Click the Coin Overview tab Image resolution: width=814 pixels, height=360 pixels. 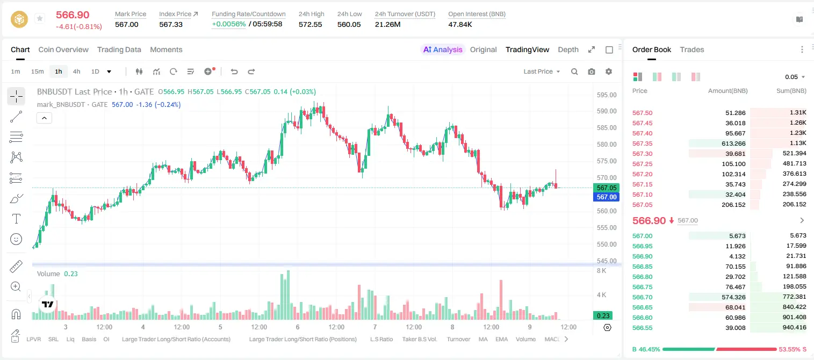(x=63, y=49)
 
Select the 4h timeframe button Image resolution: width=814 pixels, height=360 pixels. (x=76, y=71)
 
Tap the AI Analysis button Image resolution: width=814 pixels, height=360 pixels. (x=443, y=49)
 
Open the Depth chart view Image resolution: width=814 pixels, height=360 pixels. (x=568, y=49)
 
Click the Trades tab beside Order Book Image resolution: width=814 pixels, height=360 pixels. (x=692, y=49)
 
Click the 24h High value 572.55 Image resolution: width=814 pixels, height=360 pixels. (x=311, y=24)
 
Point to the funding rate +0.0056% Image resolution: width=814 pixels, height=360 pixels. (x=229, y=24)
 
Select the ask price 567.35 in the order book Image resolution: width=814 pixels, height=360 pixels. (x=642, y=143)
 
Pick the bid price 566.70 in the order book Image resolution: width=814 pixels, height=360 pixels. (x=642, y=297)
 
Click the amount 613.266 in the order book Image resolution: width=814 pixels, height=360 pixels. (x=733, y=143)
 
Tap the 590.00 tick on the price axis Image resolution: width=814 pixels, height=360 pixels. (x=607, y=111)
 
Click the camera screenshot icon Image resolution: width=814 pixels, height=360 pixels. (x=592, y=71)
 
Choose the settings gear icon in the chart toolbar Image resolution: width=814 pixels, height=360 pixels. (x=609, y=71)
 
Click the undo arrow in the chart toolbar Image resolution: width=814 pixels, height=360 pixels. (x=234, y=71)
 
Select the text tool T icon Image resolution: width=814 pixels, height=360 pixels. (x=16, y=219)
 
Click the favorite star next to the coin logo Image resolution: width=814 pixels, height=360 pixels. (x=40, y=18)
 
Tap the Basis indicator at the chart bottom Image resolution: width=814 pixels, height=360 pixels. (x=89, y=339)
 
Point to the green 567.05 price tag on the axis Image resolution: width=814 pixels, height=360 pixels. (x=606, y=188)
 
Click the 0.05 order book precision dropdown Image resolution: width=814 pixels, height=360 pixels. (x=795, y=77)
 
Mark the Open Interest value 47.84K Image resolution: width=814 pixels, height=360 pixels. (x=460, y=24)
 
